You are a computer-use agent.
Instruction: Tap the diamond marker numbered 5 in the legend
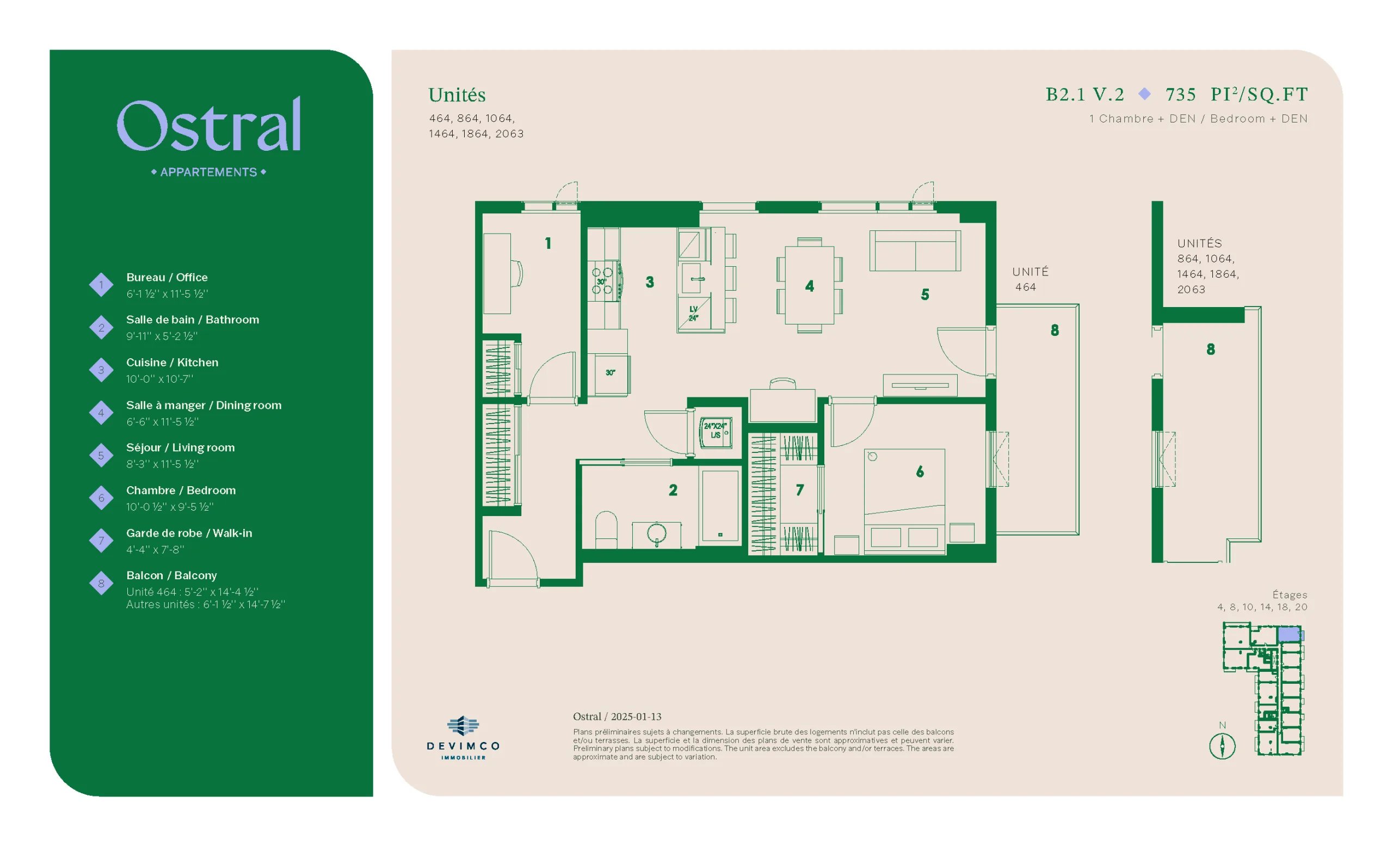(x=101, y=455)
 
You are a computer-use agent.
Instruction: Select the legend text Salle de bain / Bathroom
(x=193, y=320)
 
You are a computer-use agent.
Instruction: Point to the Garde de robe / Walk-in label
(x=189, y=533)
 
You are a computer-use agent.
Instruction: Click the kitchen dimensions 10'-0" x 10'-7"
(x=160, y=379)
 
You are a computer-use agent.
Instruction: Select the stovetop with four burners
(x=603, y=281)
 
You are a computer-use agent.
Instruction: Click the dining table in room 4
(x=810, y=285)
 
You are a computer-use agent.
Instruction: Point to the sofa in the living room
(x=915, y=250)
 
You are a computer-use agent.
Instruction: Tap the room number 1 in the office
(x=548, y=243)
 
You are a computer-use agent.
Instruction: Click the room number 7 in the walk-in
(x=799, y=490)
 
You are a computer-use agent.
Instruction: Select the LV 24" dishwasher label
(x=694, y=313)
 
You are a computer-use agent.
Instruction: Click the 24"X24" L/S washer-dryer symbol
(x=716, y=433)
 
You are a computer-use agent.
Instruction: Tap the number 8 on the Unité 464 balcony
(x=1055, y=330)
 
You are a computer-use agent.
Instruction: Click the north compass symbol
(x=1222, y=746)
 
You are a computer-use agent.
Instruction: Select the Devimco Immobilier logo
(x=463, y=738)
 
